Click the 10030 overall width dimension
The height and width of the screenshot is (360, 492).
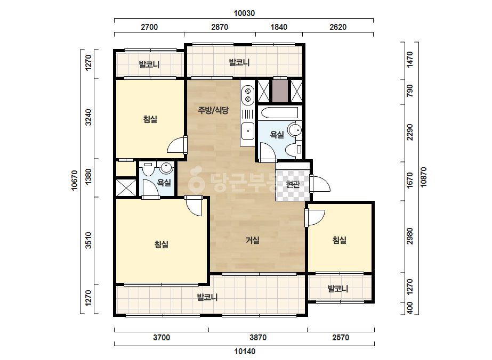[x=244, y=13]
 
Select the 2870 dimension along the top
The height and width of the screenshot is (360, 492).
[x=219, y=27]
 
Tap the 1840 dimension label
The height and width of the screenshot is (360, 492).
[x=279, y=27]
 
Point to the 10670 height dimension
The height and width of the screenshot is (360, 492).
[x=75, y=180]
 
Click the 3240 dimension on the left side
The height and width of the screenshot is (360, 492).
[x=89, y=117]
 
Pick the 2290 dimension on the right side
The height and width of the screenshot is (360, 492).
[x=410, y=132]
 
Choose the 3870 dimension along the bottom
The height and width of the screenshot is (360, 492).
[x=258, y=338]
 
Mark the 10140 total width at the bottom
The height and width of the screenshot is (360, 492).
[x=245, y=351]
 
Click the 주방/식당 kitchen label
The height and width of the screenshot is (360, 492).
[x=213, y=110]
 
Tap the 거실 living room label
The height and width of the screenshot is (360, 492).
[x=253, y=240]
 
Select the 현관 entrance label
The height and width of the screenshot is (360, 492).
[x=293, y=184]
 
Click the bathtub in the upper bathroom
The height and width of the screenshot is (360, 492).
[x=279, y=113]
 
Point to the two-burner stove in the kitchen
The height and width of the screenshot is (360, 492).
[x=247, y=95]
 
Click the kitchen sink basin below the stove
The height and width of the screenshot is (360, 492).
[x=247, y=131]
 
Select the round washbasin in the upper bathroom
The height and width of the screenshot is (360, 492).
[x=295, y=130]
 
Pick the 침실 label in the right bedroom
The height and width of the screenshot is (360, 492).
[x=339, y=240]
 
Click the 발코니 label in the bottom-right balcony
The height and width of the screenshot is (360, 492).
[x=338, y=289]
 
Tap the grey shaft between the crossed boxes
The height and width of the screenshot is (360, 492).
[x=280, y=91]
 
